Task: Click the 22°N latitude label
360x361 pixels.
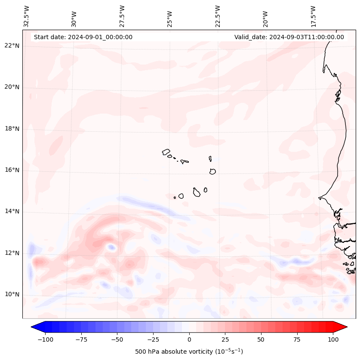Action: [x=12, y=46]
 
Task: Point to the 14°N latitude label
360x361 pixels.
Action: [x=12, y=211]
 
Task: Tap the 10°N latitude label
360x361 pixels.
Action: [x=12, y=294]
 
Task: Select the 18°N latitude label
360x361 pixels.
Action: [x=12, y=129]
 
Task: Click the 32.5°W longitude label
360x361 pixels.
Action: [x=27, y=16]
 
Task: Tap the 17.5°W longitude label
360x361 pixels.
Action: [x=313, y=16]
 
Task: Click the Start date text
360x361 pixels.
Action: [x=83, y=37]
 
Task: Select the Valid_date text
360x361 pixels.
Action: [x=289, y=37]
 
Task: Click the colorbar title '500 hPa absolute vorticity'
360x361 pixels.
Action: [x=189, y=352]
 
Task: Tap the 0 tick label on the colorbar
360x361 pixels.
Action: [x=189, y=339]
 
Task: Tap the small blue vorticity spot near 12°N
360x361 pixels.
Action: [x=111, y=247]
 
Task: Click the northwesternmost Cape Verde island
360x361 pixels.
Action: [x=166, y=152]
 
